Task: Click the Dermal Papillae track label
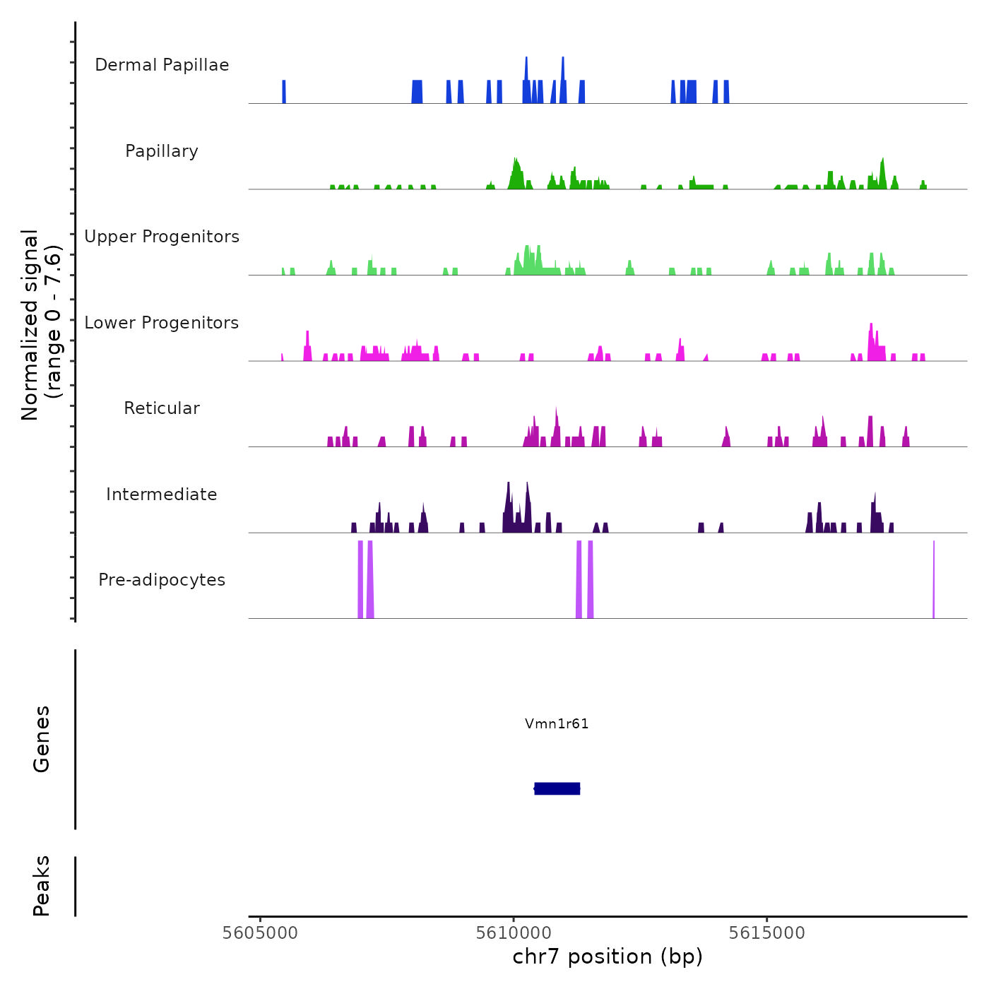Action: coord(162,65)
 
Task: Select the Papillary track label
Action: coord(162,151)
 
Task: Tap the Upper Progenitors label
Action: coord(162,237)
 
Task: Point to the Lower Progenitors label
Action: coord(162,323)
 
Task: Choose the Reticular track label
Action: coord(162,408)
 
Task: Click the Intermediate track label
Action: coord(162,494)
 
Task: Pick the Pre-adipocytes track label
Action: coord(162,580)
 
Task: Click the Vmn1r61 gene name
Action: coord(557,723)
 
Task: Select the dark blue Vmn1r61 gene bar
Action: coord(557,788)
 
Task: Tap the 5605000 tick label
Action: coord(260,932)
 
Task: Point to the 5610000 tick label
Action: coord(514,932)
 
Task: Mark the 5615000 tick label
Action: coord(767,932)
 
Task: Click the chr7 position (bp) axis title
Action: coord(608,957)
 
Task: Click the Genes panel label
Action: coord(42,739)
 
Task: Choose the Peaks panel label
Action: coord(42,886)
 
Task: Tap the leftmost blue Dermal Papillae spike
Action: coord(284,92)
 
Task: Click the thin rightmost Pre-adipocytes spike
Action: coord(934,579)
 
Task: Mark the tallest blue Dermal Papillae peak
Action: coord(562,78)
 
